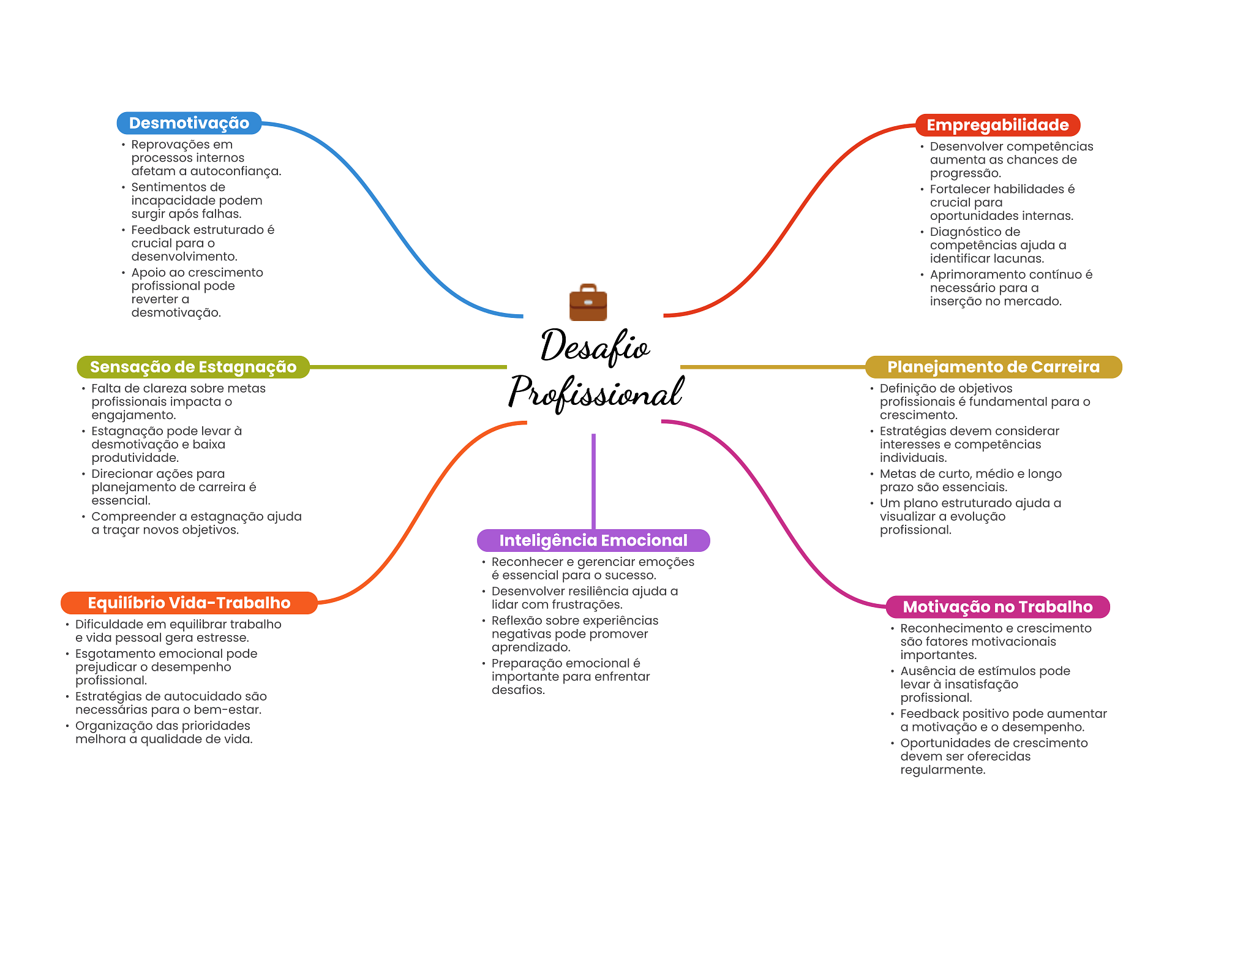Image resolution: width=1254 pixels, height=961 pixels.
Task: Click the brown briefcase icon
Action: [x=588, y=302]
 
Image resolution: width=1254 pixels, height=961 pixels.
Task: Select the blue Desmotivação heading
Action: [x=189, y=123]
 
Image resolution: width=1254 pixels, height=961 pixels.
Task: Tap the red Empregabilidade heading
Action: [x=997, y=125]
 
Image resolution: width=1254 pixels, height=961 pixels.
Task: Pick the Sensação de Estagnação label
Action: [x=193, y=367]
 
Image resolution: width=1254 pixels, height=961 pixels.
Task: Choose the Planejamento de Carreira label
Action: [x=993, y=367]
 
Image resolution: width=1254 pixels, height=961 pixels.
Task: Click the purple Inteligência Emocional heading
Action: [x=593, y=540]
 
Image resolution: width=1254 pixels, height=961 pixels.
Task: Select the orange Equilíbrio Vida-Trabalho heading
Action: [x=189, y=603]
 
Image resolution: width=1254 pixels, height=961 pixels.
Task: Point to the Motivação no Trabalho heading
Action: [x=997, y=607]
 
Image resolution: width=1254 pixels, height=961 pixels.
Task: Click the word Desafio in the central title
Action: [x=595, y=347]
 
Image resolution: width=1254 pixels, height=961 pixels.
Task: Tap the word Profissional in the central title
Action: [x=596, y=392]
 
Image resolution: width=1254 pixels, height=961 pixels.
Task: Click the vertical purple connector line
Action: [x=593, y=481]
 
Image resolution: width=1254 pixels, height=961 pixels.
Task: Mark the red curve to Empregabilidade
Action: [x=790, y=220]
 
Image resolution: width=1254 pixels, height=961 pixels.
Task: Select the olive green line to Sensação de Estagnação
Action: [x=408, y=367]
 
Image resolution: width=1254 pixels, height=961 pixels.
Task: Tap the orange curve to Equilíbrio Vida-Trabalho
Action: [x=422, y=512]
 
